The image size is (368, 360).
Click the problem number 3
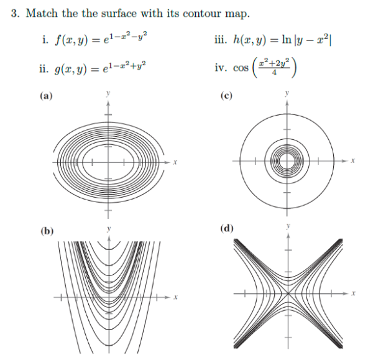15,13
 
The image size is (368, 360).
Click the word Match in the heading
42,13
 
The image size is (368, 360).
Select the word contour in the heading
202,14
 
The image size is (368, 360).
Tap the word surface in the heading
119,13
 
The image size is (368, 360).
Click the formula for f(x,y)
101,39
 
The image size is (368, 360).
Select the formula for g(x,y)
100,68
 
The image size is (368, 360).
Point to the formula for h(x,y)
282,39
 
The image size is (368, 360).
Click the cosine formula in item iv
265,68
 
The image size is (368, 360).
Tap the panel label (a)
46,96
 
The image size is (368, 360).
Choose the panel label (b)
47,231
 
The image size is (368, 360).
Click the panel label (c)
226,96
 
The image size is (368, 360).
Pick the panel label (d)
227,228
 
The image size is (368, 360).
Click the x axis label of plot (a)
175,162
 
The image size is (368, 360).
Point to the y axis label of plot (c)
287,93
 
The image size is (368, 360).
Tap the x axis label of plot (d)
353,293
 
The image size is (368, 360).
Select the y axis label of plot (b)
109,229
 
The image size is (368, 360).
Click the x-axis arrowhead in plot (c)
344,161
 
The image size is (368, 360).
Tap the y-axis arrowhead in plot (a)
108,104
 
